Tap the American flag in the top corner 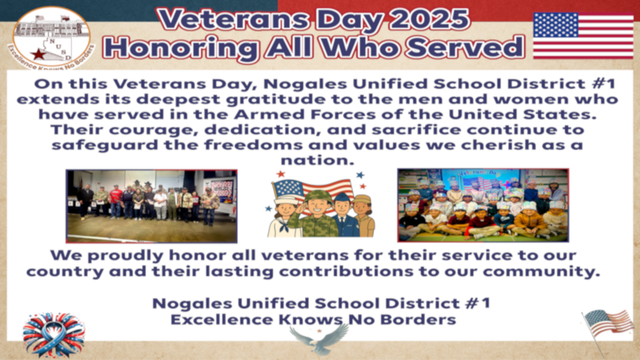pos(582,36)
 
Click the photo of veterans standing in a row pos(151,206)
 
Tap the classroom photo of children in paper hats pos(482,205)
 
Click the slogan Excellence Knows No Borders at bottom pos(313,319)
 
